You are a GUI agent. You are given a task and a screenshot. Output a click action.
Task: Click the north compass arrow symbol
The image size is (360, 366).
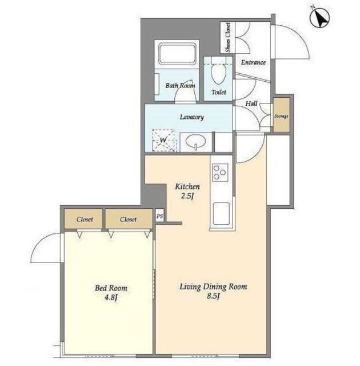pos(319,17)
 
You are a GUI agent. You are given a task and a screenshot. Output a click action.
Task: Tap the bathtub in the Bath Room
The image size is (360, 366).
pos(177,53)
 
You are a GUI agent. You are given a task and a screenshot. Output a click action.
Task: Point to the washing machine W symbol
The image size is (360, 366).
pos(163,140)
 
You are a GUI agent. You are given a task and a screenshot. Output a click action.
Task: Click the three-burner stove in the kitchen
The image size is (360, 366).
pos(220,172)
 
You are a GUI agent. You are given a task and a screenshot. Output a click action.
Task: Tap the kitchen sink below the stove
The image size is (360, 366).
pos(221,213)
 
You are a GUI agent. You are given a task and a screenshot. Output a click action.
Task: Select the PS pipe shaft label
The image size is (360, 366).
pos(160,216)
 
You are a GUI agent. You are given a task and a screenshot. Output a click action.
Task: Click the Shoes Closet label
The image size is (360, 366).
pos(228,37)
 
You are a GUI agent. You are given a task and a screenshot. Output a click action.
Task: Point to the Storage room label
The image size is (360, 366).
pos(281,116)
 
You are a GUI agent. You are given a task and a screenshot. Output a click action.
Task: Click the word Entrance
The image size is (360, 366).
pos(253,62)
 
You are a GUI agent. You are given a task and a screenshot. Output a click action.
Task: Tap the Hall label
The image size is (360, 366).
pos(251,104)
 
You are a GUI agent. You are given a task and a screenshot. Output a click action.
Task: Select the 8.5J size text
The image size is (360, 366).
pos(213,296)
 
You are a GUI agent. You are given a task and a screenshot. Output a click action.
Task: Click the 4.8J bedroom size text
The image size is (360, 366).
pos(111,297)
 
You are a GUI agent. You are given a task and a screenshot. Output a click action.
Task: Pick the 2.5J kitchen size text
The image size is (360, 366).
pos(187,196)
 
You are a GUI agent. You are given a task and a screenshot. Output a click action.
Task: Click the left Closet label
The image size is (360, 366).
pos(85,220)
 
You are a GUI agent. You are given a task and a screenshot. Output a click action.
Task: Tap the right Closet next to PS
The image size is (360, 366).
pos(128,220)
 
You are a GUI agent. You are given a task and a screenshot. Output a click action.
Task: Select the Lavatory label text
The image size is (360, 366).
pos(191,117)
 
